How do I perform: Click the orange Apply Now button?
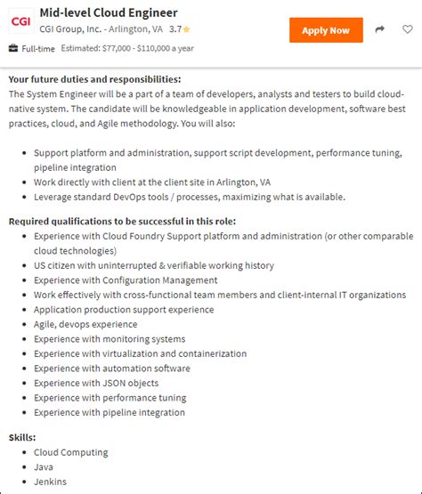point(326,30)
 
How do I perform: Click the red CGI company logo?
point(20,20)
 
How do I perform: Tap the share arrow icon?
point(380,30)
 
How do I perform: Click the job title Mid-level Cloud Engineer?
point(109,12)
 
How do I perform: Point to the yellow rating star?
point(187,29)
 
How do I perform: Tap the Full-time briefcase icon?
point(13,48)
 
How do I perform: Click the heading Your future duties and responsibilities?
point(95,79)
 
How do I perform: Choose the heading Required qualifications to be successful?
point(122,221)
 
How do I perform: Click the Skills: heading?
point(22,438)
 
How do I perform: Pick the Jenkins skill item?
point(50,482)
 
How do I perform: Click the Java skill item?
point(44,466)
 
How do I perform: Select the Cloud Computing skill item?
point(70,452)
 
